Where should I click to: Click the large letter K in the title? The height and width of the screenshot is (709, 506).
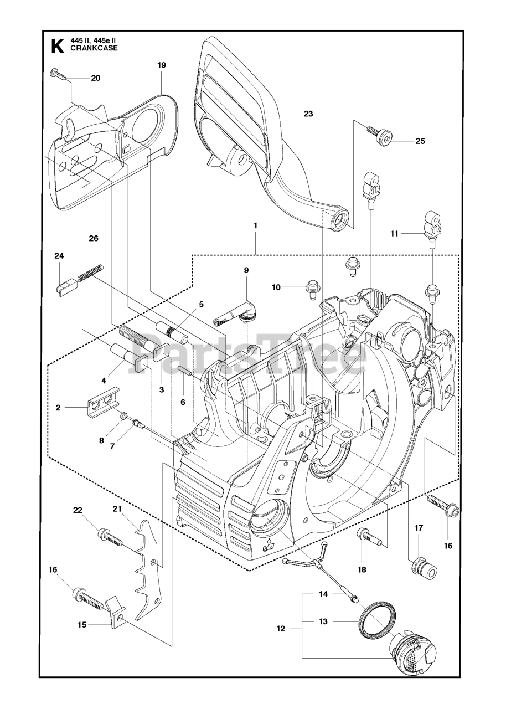click(56, 46)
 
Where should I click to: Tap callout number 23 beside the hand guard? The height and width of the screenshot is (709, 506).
click(308, 114)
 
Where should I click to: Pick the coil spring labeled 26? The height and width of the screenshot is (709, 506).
click(90, 273)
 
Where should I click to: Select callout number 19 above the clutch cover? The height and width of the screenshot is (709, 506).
click(161, 65)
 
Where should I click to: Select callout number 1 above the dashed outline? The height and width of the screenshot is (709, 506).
click(255, 225)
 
